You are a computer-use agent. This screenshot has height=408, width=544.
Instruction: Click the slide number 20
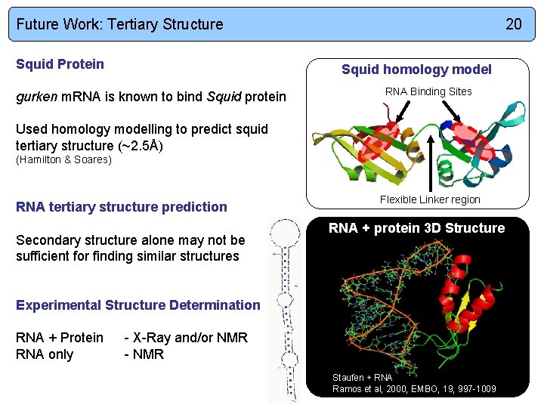click(x=513, y=24)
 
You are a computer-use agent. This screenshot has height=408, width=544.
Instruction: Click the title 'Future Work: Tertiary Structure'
click(x=119, y=24)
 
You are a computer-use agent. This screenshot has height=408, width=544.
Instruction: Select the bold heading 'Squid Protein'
click(x=60, y=64)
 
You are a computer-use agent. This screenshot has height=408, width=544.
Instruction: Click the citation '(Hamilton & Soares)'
click(x=63, y=159)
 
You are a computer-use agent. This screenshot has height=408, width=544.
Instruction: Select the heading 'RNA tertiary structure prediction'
click(x=121, y=207)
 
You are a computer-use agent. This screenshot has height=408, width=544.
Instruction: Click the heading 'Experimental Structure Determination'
click(x=138, y=305)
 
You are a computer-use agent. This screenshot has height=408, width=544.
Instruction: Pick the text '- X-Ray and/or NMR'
click(x=186, y=338)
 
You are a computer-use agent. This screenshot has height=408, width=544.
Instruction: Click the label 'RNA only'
click(x=45, y=354)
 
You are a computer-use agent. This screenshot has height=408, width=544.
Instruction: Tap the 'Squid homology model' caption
click(x=416, y=70)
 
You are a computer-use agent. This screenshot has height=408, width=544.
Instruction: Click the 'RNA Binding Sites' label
click(x=428, y=91)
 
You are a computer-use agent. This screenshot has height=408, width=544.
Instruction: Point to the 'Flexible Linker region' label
click(x=430, y=199)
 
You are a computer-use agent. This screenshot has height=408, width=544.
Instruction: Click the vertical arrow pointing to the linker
click(x=431, y=162)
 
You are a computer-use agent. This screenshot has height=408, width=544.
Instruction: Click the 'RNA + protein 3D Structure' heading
click(x=416, y=228)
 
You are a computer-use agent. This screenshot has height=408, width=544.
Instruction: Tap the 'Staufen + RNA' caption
click(x=362, y=377)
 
